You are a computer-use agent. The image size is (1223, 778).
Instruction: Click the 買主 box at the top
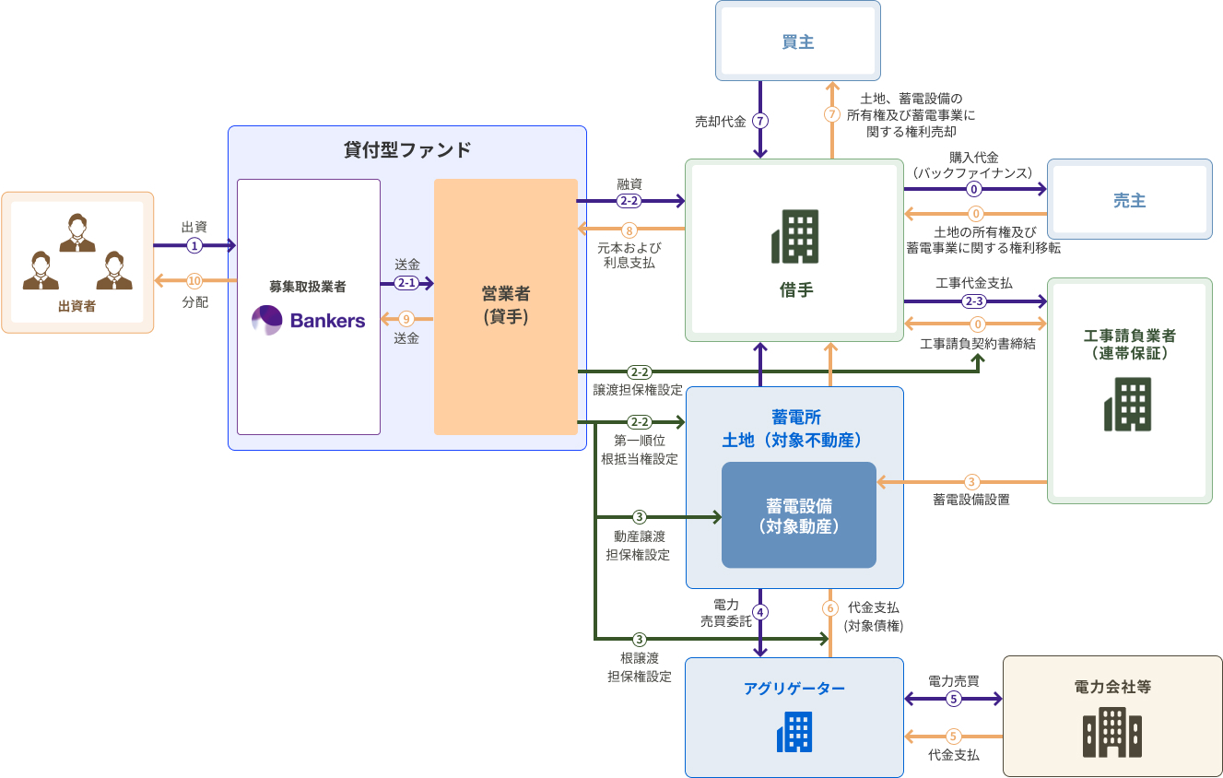pos(797,41)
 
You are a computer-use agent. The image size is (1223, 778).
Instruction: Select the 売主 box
pos(1129,200)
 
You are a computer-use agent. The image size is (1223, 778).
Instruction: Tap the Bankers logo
pos(309,320)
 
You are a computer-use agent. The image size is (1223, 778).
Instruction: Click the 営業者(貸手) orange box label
pos(505,305)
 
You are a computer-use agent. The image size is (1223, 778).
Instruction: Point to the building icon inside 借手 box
pos(794,236)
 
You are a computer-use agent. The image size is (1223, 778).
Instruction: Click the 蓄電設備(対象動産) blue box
pos(798,515)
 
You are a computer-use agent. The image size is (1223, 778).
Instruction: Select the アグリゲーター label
pos(794,688)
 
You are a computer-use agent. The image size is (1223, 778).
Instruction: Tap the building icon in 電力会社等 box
pos(1112,733)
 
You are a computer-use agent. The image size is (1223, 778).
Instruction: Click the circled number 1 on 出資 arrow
pos(194,245)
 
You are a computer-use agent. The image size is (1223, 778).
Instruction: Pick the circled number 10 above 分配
pos(194,280)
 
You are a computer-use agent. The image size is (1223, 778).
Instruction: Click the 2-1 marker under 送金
pos(406,283)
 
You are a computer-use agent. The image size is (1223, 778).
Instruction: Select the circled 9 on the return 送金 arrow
pos(406,319)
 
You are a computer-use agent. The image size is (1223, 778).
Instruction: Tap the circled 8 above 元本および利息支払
pos(629,230)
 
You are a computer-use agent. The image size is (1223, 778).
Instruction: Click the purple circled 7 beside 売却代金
pos(760,121)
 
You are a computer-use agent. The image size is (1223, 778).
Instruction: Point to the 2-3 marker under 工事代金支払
pos(974,301)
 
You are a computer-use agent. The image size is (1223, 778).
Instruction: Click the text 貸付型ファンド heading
pos(406,150)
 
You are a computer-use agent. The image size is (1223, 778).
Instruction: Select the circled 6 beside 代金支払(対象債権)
pos(830,608)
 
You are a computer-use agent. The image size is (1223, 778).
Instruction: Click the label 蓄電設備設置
pos(970,500)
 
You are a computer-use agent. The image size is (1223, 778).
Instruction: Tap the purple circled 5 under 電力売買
pos(954,699)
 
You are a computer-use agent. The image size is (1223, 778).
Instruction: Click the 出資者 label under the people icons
pos(76,306)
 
